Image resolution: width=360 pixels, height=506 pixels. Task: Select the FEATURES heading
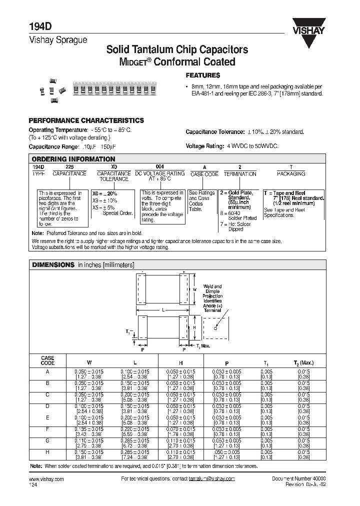(203, 75)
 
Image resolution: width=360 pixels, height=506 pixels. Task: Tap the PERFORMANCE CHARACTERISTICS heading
(86, 120)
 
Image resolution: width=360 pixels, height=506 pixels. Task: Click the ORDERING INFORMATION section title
(73, 159)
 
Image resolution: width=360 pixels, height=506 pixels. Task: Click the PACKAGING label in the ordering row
(291, 173)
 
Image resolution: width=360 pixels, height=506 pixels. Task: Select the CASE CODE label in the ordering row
(204, 173)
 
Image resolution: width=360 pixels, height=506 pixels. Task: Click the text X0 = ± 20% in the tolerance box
(104, 193)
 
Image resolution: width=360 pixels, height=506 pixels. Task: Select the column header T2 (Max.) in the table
(303, 362)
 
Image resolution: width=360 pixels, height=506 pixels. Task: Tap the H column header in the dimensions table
(181, 362)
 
